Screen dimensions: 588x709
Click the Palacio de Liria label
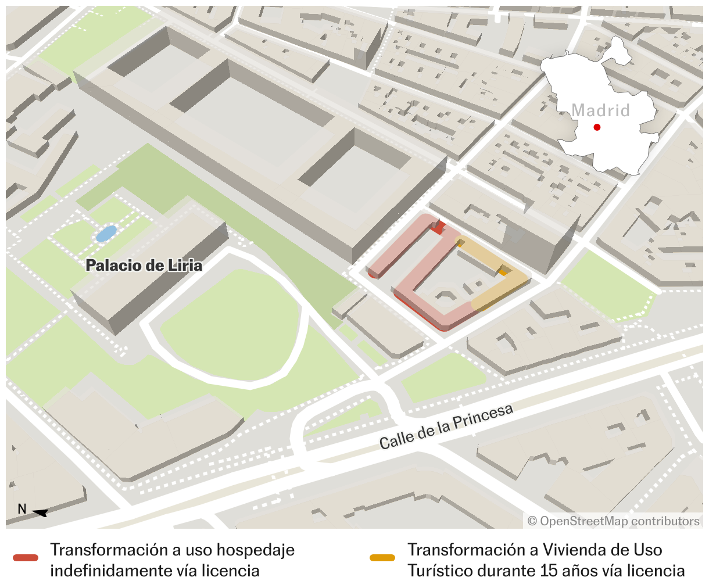(144, 266)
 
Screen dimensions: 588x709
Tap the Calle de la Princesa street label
(446, 426)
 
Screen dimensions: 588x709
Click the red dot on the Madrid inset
(597, 127)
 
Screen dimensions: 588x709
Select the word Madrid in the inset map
(600, 110)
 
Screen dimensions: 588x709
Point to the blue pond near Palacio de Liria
(106, 234)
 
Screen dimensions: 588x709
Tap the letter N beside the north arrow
(22, 509)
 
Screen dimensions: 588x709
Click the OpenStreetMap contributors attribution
(613, 521)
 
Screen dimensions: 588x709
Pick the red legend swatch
(26, 558)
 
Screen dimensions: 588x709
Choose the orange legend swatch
(382, 558)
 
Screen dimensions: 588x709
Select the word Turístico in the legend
(440, 571)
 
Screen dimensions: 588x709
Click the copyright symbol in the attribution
(532, 521)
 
